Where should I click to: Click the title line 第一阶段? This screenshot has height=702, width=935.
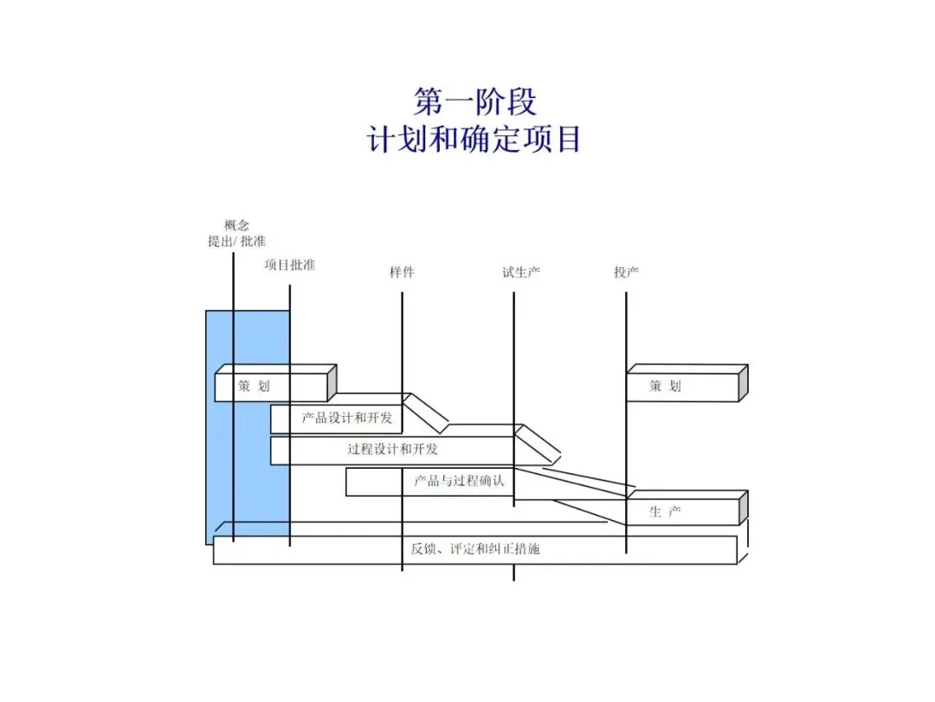(x=474, y=101)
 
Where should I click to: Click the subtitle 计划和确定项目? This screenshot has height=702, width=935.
(x=474, y=139)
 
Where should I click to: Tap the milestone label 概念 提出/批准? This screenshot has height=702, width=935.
(x=236, y=233)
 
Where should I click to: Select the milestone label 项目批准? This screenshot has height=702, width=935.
(x=290, y=265)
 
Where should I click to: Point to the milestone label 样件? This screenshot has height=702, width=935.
(x=402, y=273)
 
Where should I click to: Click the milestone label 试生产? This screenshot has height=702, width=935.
(x=521, y=273)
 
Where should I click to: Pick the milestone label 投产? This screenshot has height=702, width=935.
(x=626, y=273)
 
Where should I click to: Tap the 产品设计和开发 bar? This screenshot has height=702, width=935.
(x=346, y=419)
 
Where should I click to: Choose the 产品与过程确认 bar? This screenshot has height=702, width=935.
(x=459, y=481)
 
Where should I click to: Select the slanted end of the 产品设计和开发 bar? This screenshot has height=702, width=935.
(x=427, y=413)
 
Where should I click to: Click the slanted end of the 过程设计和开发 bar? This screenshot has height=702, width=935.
(x=538, y=443)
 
